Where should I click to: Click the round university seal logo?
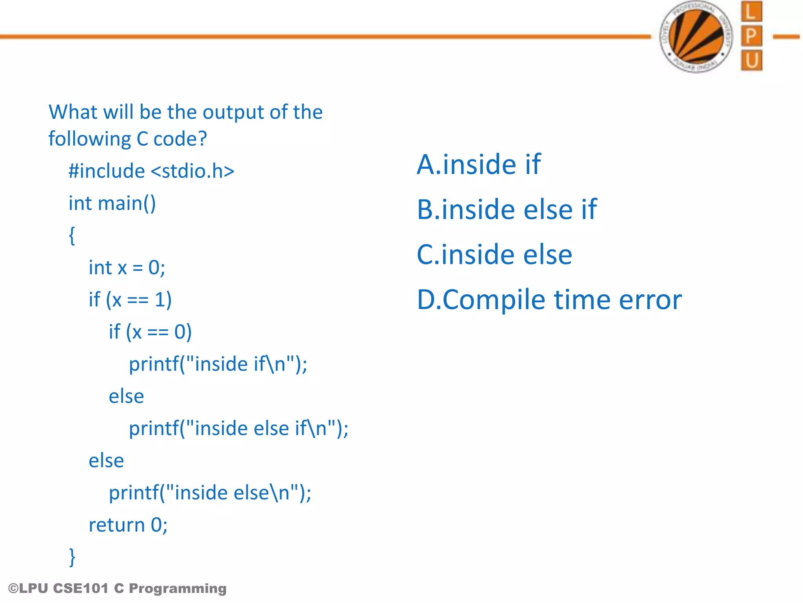pyautogui.click(x=696, y=37)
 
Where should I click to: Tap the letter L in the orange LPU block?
pyautogui.click(x=751, y=12)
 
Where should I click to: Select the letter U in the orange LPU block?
pyautogui.click(x=752, y=60)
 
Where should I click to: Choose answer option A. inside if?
pyautogui.click(x=478, y=164)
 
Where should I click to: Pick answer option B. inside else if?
pyautogui.click(x=507, y=209)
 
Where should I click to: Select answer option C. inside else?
pyautogui.click(x=494, y=254)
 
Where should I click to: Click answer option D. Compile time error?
pyautogui.click(x=549, y=300)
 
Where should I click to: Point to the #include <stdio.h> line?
pyautogui.click(x=151, y=171)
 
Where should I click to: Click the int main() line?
pyautogui.click(x=112, y=203)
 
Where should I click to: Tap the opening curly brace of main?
pyautogui.click(x=72, y=236)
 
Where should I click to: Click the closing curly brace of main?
pyautogui.click(x=72, y=557)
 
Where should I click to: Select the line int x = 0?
pyautogui.click(x=127, y=268)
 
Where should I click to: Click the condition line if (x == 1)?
pyautogui.click(x=130, y=300)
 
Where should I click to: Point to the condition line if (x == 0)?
pyautogui.click(x=150, y=332)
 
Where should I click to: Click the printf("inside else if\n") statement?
pyautogui.click(x=238, y=428)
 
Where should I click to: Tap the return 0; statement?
pyautogui.click(x=128, y=525)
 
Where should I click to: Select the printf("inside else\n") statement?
pyautogui.click(x=210, y=493)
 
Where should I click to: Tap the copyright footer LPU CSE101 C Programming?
pyautogui.click(x=117, y=588)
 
